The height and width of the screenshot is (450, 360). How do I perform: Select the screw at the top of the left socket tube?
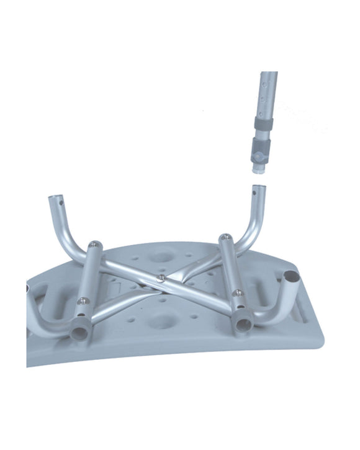coord(94,244)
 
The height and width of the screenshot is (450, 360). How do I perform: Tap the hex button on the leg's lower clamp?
coord(256,151)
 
